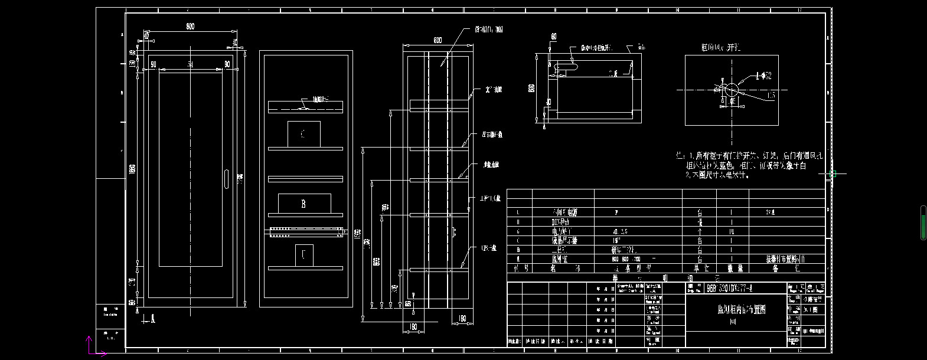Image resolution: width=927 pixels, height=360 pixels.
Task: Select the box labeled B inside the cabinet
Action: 303,204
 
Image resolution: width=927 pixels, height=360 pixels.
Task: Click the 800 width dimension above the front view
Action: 190,27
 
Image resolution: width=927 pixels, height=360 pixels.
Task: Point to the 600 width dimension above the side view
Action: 438,40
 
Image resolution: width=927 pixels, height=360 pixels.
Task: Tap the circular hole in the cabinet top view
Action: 732,90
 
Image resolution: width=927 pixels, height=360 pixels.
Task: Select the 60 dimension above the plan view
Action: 554,37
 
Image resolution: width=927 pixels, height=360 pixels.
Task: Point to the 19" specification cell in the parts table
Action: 619,241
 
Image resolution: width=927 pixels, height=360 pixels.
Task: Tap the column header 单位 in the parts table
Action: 700,268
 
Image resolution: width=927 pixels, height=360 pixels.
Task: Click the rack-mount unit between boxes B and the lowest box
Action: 306,232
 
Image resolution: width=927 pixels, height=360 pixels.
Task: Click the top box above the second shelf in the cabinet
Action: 303,134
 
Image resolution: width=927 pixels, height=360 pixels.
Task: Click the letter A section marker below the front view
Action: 153,319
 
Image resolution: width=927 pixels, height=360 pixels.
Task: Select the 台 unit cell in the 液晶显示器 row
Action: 700,241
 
